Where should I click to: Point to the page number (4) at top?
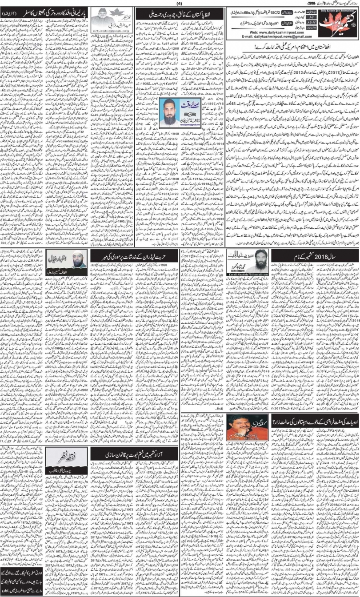pos(180,4)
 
